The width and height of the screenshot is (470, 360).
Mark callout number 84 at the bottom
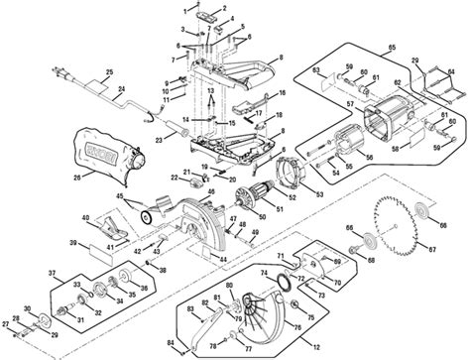tap(171, 344)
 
